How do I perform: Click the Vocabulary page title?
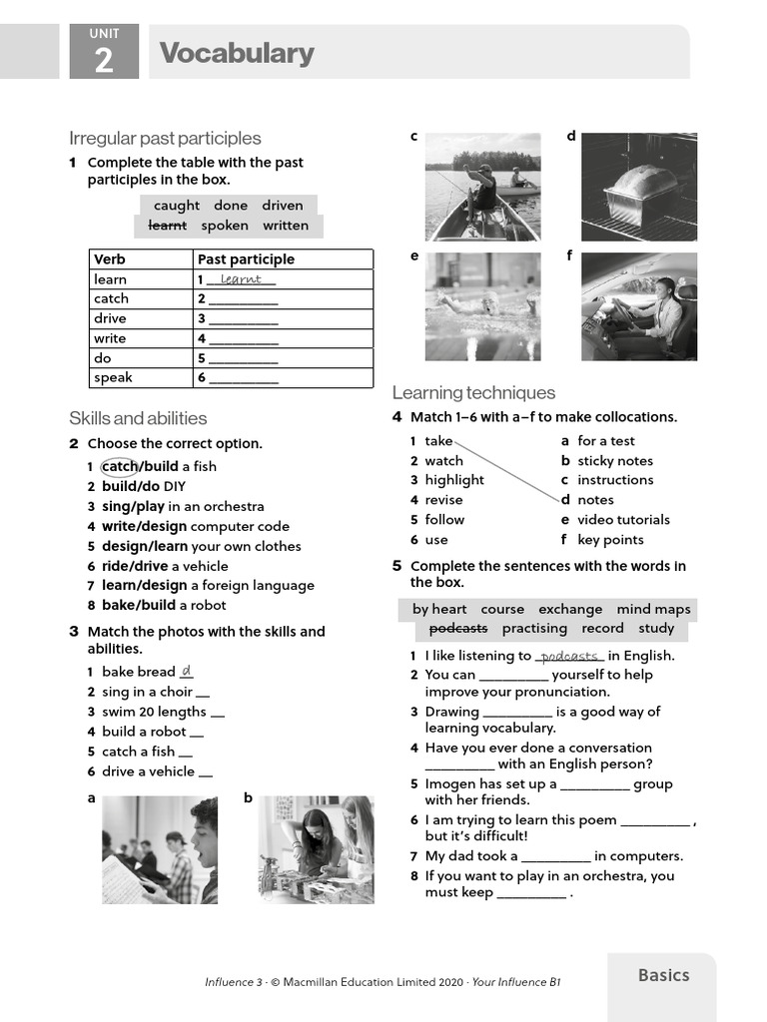coord(236,53)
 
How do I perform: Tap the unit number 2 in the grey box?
coord(103,62)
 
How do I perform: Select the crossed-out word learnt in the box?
coord(167,226)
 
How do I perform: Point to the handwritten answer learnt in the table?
coord(241,279)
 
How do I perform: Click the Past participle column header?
coord(246,259)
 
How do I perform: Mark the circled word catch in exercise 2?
coord(119,466)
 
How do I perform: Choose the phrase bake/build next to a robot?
coord(139,605)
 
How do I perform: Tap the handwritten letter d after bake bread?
coord(187,672)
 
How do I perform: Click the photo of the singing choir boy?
coord(159,849)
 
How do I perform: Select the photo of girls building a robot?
coord(317,849)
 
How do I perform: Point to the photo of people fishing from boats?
coord(482,187)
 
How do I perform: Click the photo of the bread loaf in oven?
coord(639,187)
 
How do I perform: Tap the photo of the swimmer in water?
coord(482,306)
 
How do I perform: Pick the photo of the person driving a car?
coord(639,306)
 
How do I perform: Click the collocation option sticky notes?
coord(614,461)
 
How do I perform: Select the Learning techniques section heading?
coord(473,392)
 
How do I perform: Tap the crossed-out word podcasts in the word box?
coord(458,629)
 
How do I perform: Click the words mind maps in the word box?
coord(653,609)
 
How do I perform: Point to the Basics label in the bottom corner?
coord(663,975)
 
